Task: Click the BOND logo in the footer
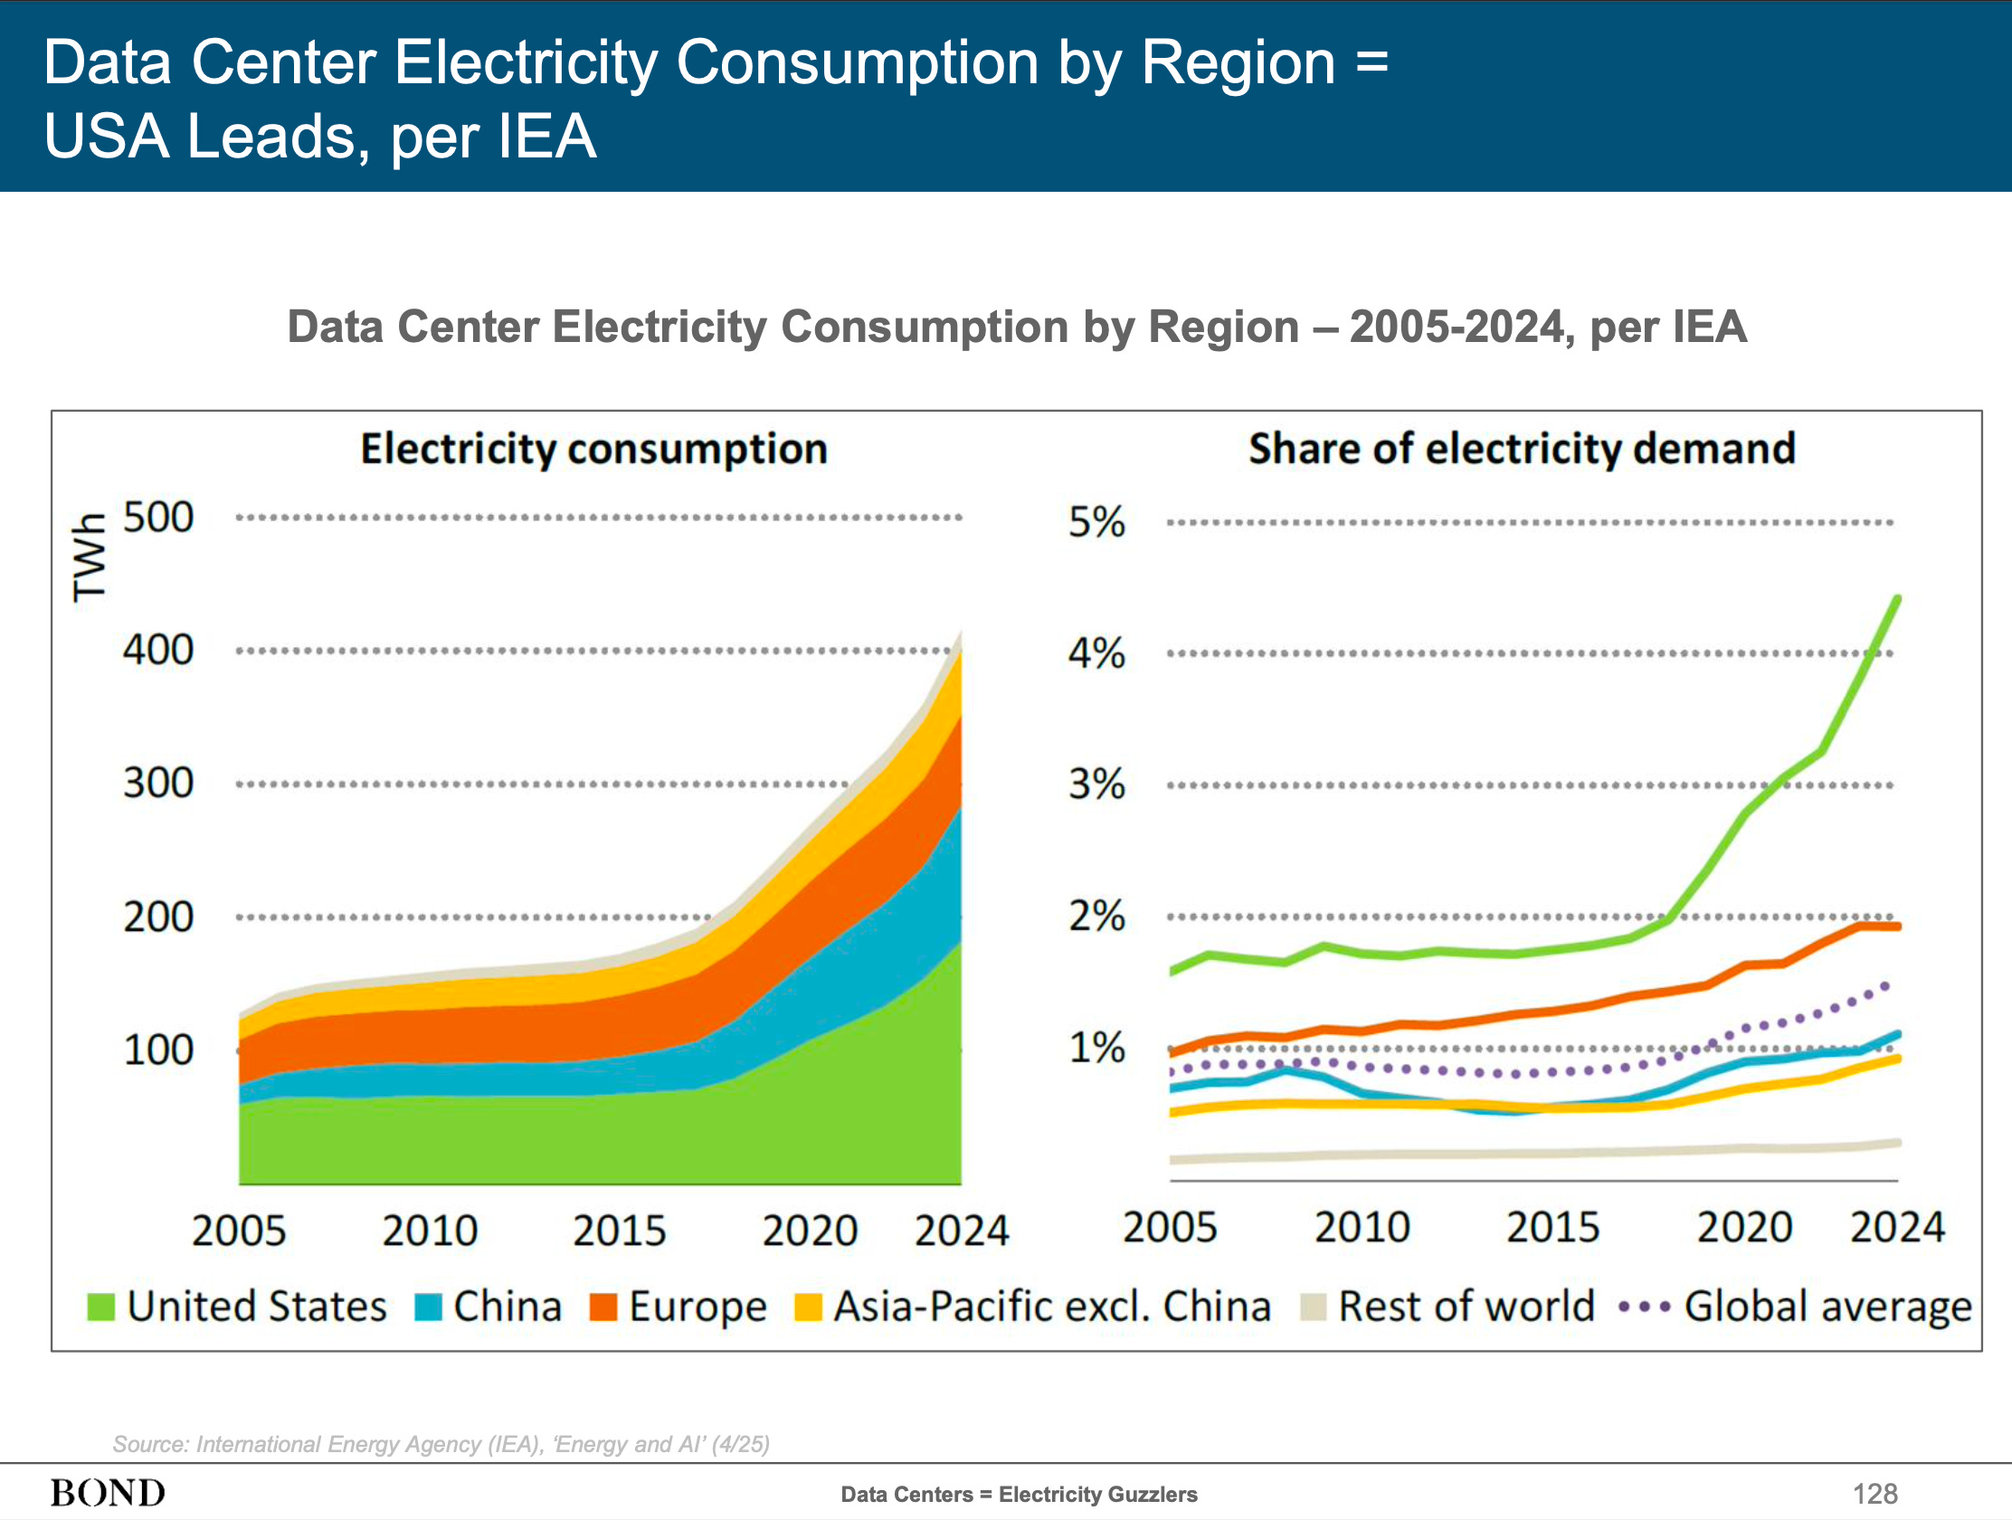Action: point(108,1493)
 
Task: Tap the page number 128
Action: point(1874,1494)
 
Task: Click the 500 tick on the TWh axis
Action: point(158,518)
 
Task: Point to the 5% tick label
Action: point(1096,522)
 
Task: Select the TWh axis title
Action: point(90,556)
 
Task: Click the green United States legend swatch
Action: point(101,1307)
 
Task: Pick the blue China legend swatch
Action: point(428,1307)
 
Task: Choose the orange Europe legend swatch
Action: point(603,1307)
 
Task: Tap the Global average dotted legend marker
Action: point(1645,1308)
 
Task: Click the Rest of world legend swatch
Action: point(1314,1307)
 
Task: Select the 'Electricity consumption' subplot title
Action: point(594,450)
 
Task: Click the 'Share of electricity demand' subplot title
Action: point(1522,450)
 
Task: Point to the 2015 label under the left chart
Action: point(620,1230)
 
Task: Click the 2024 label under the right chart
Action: point(1897,1227)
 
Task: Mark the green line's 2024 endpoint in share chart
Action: point(1897,599)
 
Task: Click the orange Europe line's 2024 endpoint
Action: point(1897,926)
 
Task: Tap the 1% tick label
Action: point(1096,1048)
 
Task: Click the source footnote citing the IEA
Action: point(441,1445)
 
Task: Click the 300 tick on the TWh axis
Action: point(158,784)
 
